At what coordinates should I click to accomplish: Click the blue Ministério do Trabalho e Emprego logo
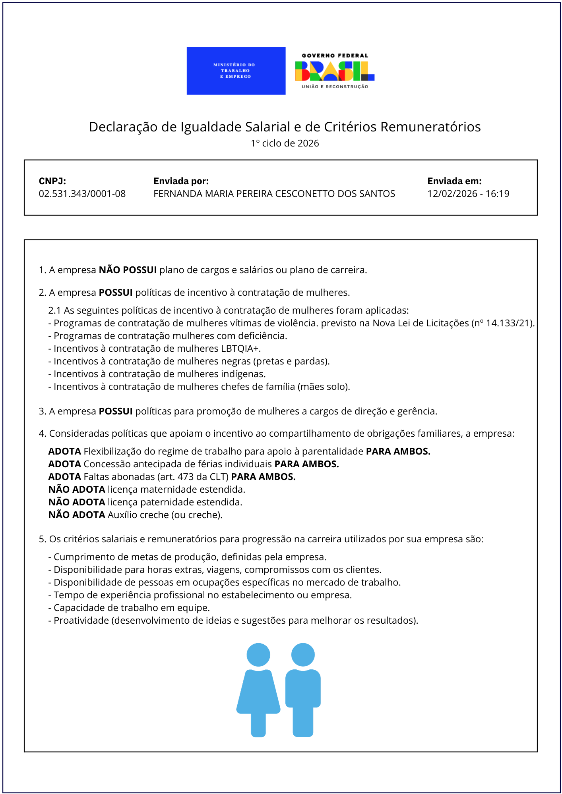coord(236,71)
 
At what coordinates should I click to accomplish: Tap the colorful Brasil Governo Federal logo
coord(335,71)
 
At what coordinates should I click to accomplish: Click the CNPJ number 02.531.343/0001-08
coord(82,194)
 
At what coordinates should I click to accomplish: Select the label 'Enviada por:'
coord(181,181)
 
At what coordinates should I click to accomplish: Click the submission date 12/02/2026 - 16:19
coord(468,194)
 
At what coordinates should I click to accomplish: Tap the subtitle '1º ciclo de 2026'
coord(285,143)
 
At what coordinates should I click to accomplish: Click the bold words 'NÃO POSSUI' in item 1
coord(128,270)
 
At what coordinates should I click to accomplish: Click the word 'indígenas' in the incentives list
coord(242,374)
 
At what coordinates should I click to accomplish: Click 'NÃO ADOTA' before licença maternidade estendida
coord(77,490)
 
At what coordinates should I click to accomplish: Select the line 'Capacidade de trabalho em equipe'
coord(131,608)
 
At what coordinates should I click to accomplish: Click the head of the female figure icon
coord(258,655)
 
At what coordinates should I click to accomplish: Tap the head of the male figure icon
coord(303,655)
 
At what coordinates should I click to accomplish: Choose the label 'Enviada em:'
coord(454,181)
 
